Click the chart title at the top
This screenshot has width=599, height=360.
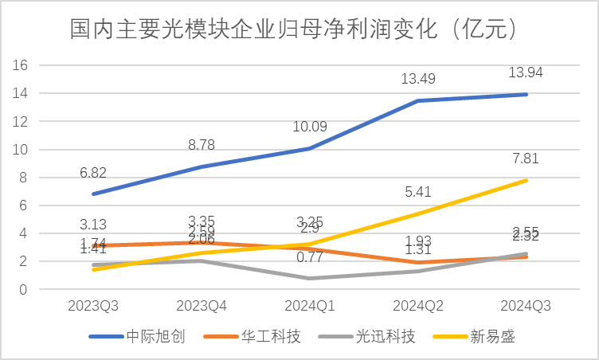click(x=296, y=30)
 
